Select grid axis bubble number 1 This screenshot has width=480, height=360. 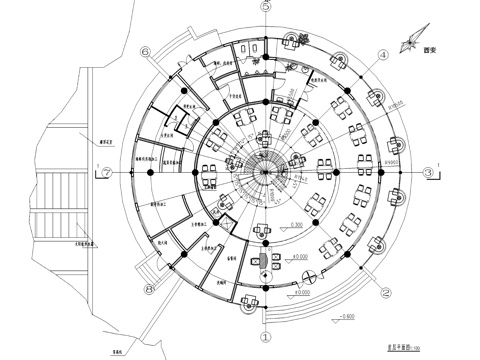coord(265,338)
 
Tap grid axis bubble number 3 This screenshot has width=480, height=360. coord(429,172)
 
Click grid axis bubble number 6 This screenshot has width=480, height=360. coord(147,53)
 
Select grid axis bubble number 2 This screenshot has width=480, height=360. coord(384,293)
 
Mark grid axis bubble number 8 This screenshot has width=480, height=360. coord(149,291)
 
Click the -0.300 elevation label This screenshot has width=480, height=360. coord(296,224)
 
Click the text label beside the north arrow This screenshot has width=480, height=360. coord(432,48)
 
